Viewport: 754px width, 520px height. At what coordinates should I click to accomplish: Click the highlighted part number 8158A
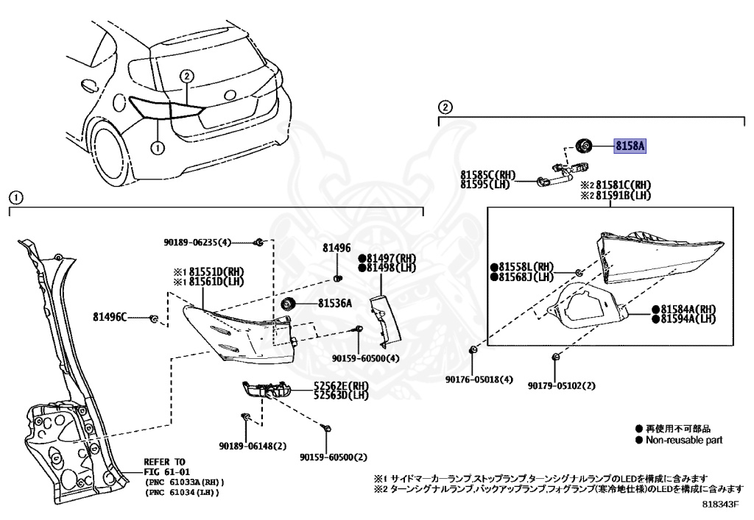tap(630, 146)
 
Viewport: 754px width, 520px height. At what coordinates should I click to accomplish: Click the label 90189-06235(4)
tap(197, 242)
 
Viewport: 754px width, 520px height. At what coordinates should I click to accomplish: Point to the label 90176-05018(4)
tap(479, 380)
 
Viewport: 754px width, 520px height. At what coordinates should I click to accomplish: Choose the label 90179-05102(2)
tap(561, 385)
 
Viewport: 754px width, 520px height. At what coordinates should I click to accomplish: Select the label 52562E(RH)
tap(341, 385)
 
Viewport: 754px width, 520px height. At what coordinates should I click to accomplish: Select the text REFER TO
tap(165, 461)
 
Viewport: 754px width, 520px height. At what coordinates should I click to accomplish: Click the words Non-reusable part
tap(684, 440)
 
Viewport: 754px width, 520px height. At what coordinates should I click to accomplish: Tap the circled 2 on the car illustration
tap(187, 76)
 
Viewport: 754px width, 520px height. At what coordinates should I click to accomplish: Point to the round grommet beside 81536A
tap(288, 304)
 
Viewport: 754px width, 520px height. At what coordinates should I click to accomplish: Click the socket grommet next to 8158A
tap(583, 146)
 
